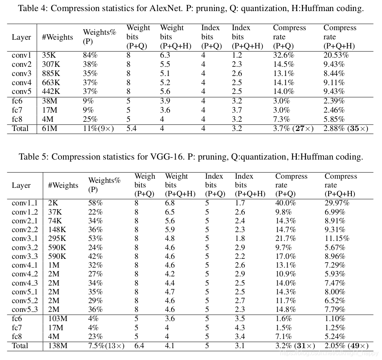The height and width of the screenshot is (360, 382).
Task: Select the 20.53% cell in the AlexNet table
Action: pyautogui.click(x=336, y=55)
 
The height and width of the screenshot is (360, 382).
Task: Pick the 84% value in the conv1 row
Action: pyautogui.click(x=90, y=55)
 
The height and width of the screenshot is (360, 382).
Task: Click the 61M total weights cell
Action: pyautogui.click(x=50, y=129)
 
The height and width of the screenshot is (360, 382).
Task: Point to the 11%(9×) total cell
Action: pyautogui.click(x=99, y=129)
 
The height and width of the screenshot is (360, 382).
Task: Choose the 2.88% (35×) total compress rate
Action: pyautogui.click(x=346, y=129)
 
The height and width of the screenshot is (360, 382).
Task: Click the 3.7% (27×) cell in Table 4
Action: pyautogui.click(x=293, y=129)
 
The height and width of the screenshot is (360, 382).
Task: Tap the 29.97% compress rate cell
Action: pyautogui.click(x=338, y=203)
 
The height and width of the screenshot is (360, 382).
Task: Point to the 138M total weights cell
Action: pyautogui.click(x=58, y=346)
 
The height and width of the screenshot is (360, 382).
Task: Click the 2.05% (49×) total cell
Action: pyautogui.click(x=346, y=346)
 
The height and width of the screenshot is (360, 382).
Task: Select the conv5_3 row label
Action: pyautogui.click(x=25, y=310)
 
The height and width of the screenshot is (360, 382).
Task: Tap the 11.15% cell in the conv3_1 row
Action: pyautogui.click(x=337, y=239)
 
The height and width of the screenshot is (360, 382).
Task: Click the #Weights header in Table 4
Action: pyautogui.click(x=57, y=37)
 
